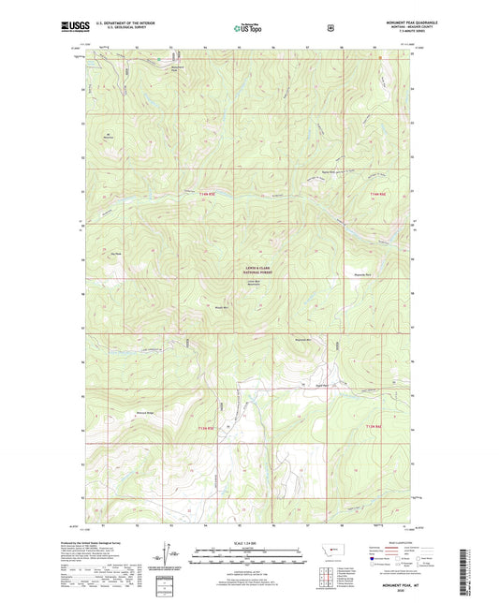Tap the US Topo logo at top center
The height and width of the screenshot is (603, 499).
[247, 29]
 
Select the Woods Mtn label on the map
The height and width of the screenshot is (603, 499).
[222, 306]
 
